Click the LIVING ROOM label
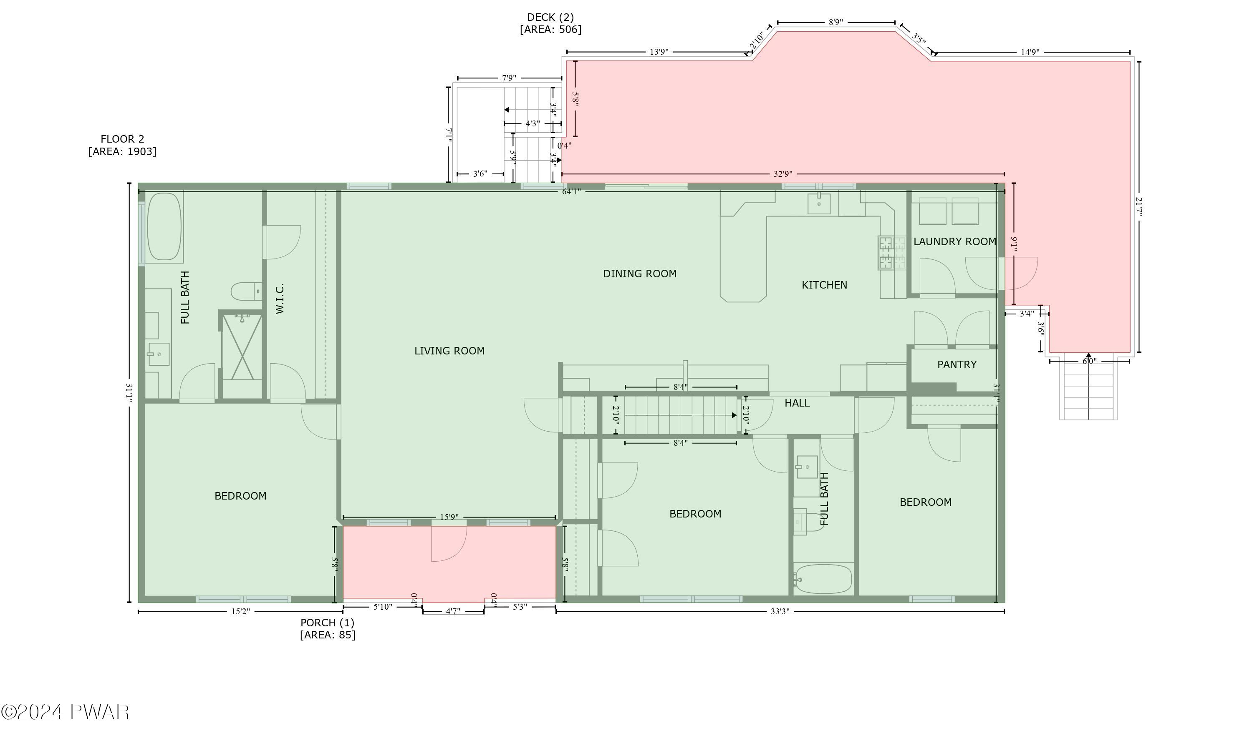pos(449,351)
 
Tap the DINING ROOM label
pos(639,274)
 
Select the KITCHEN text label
pos(824,285)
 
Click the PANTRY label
pos(956,364)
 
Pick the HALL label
pos(797,403)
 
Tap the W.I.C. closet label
pos(280,299)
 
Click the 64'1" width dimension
pos(571,191)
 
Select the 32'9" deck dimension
pos(782,174)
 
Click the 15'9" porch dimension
pos(449,517)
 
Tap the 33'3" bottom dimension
pos(780,611)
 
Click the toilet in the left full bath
pos(246,291)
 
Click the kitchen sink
pos(818,203)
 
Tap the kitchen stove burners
pos(892,253)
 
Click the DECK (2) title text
pos(550,18)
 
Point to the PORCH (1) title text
pos(328,622)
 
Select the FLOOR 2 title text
pos(122,139)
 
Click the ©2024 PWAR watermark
pos(66,712)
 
